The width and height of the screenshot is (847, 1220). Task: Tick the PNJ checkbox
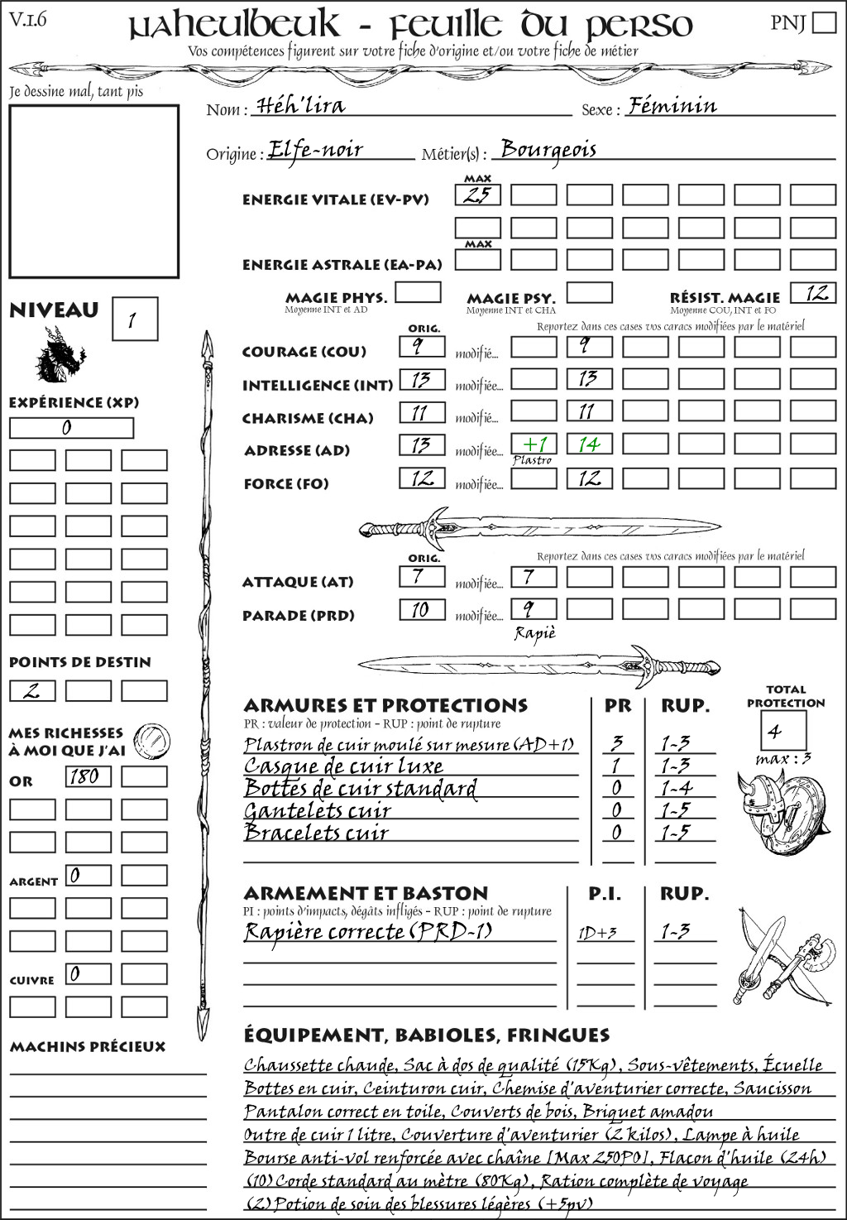pos(824,22)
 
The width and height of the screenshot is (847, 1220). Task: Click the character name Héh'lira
pos(301,105)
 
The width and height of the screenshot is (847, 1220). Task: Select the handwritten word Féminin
pos(672,105)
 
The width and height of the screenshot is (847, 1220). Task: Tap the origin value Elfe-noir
pos(316,150)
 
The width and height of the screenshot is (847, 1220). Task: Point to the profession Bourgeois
pos(548,150)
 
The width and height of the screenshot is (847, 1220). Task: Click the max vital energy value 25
pos(477,195)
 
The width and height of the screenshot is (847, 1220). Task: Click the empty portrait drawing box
pos(93,191)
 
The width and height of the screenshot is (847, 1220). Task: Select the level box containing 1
pos(134,319)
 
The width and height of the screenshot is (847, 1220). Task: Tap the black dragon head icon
pos(60,355)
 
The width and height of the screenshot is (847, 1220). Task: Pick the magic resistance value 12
pos(813,293)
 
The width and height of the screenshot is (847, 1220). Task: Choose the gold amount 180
pos(88,776)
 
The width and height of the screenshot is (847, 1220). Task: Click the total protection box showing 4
pos(783,730)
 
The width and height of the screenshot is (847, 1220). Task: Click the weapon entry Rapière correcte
pos(367,932)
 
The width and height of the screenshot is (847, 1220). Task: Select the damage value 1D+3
pos(597,933)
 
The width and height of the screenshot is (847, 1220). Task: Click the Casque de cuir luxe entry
pos(343,766)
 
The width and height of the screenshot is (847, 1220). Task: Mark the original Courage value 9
pos(422,346)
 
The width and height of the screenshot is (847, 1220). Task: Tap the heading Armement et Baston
pos(366,893)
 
